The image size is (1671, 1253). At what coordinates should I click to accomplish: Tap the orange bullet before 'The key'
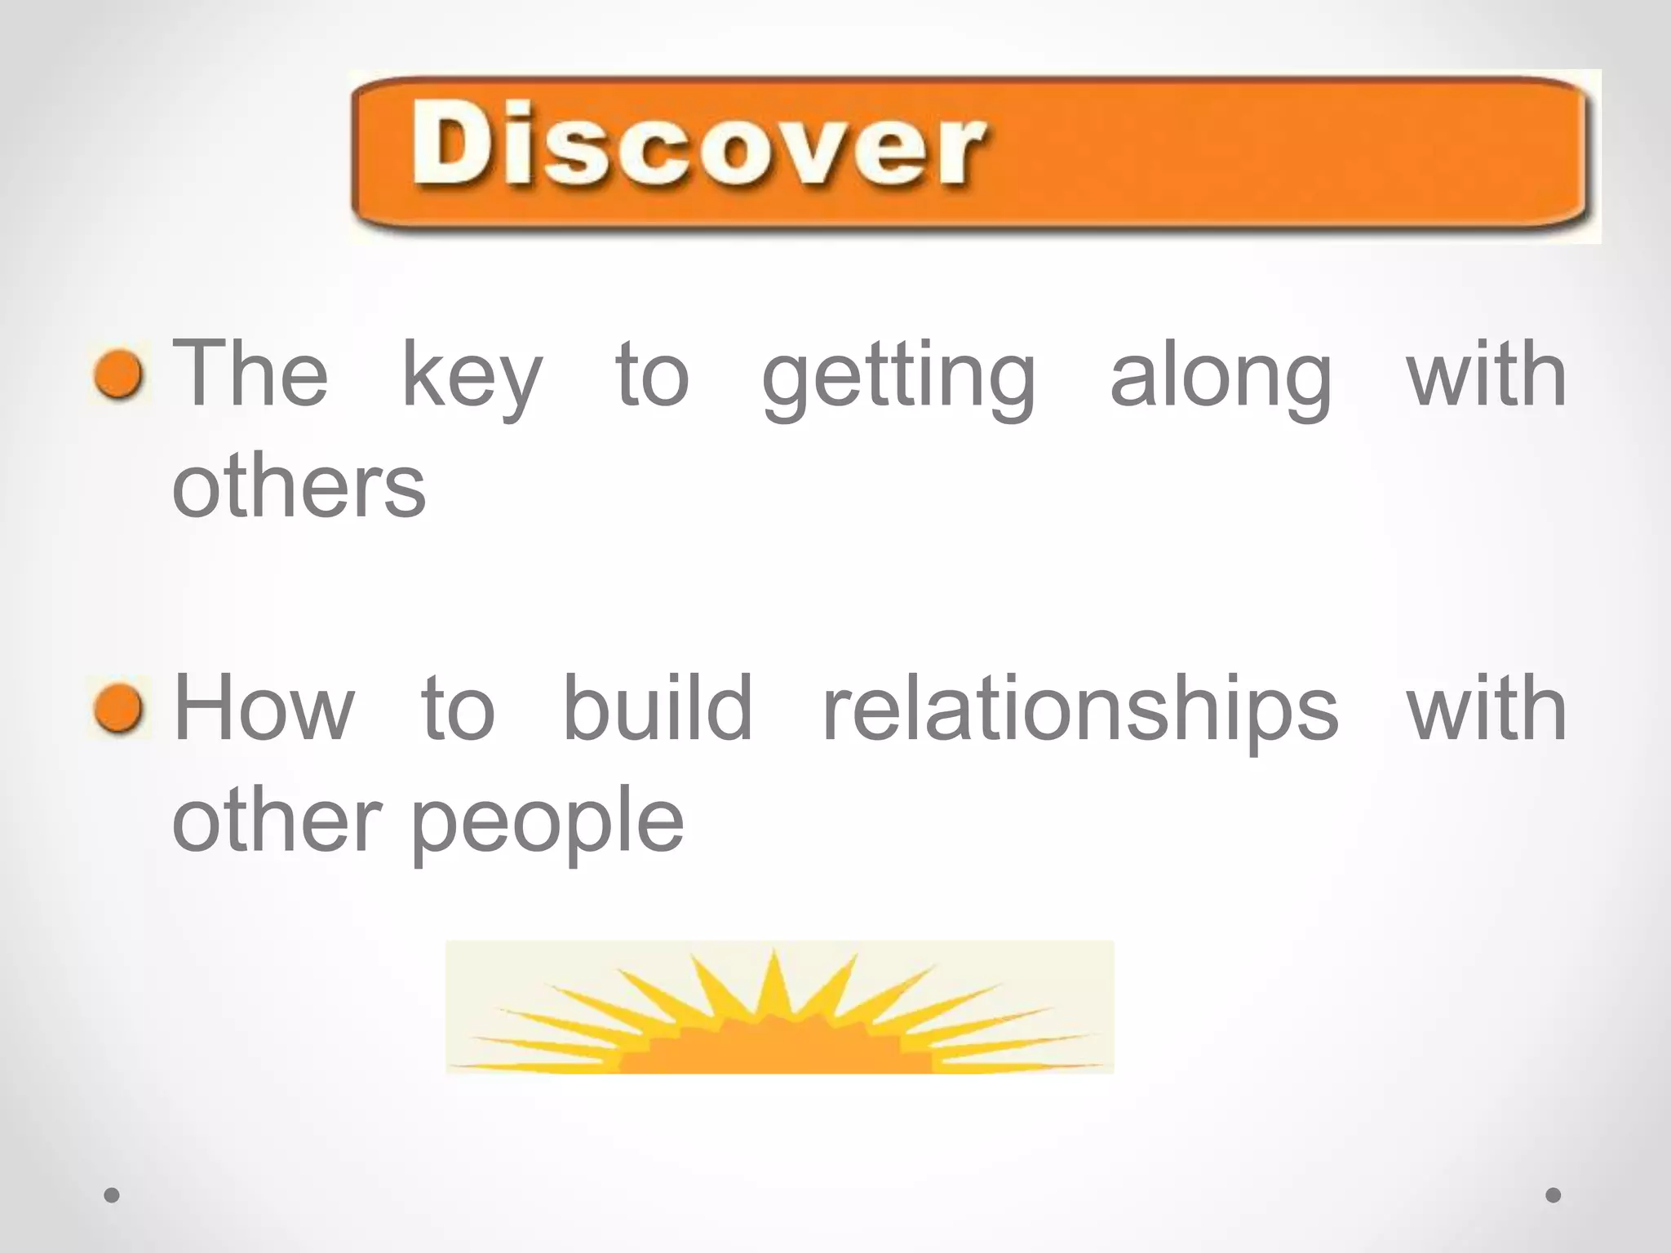coord(119,375)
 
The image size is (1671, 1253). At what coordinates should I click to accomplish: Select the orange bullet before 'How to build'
coord(119,708)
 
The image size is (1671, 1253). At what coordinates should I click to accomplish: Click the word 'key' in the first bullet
coord(472,377)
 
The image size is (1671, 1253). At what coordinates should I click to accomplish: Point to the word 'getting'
coord(899,377)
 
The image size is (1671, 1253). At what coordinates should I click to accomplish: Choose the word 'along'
coord(1221,377)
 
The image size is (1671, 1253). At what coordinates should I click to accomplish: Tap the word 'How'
coord(264,708)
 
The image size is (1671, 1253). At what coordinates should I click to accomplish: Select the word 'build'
coord(658,708)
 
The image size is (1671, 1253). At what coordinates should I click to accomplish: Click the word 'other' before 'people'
coord(277,819)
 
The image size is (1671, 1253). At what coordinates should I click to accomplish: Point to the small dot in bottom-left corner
coord(112,1195)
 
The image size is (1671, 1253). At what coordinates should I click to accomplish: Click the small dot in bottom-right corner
coord(1554,1195)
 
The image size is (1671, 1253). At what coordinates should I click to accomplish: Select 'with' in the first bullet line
coord(1487,374)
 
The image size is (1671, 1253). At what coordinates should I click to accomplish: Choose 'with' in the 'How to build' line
coord(1487,708)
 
